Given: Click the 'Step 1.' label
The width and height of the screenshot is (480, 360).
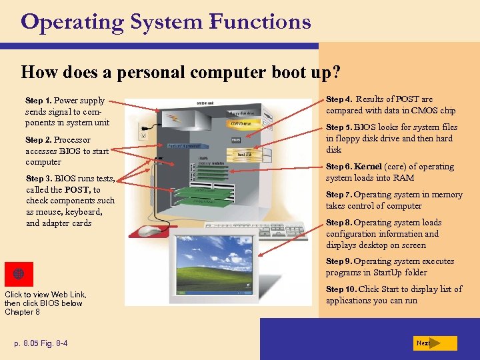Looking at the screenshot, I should click(x=39, y=101).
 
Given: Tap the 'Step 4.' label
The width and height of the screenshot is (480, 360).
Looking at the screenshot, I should click(x=339, y=99).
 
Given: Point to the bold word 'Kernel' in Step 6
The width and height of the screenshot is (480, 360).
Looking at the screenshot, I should click(x=368, y=167).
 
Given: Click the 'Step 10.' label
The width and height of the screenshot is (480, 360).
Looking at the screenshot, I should click(x=341, y=289).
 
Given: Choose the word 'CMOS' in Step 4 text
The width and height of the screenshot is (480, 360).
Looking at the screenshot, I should click(x=425, y=111).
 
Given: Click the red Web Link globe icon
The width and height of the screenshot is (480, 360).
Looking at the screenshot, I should click(x=19, y=274).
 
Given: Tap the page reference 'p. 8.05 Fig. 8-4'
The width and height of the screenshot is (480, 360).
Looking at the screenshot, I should click(x=41, y=343).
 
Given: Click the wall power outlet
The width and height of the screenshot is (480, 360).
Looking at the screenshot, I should click(x=141, y=131).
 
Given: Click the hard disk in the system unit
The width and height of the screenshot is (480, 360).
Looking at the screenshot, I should click(x=245, y=154).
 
